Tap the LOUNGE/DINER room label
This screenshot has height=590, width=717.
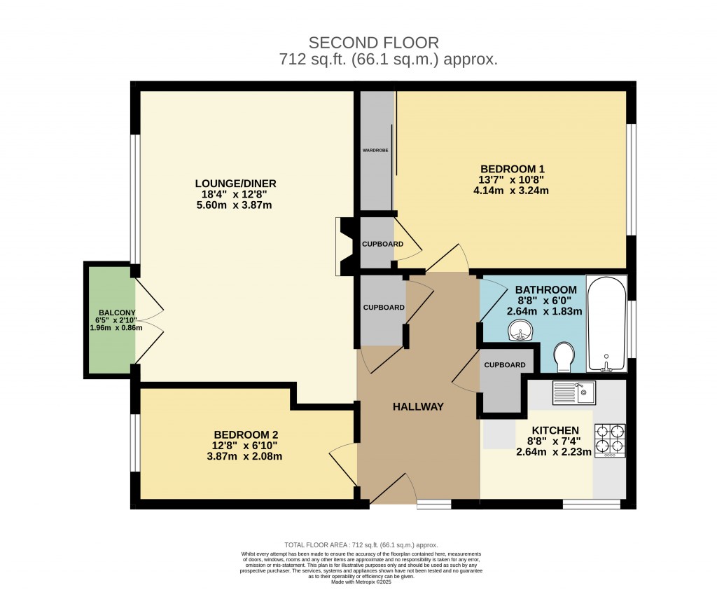coord(231,184)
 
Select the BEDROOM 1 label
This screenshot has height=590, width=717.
coord(512,169)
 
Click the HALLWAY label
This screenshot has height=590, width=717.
coord(418,406)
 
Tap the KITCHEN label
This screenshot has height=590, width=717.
coord(555,430)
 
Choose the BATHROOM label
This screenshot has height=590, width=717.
coord(546,289)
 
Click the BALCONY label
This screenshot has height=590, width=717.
coord(117,313)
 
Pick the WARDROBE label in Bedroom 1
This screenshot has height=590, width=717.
coord(375,150)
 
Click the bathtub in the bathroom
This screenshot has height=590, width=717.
coord(606,324)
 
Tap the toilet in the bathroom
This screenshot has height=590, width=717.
coord(563,357)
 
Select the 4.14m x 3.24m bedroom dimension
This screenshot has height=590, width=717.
coord(512,190)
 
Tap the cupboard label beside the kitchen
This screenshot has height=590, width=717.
coord(504,365)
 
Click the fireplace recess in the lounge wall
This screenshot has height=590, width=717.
coord(344,246)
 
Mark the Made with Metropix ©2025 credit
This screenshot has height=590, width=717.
coord(361,582)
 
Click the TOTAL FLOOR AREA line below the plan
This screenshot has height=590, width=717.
coord(361,544)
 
